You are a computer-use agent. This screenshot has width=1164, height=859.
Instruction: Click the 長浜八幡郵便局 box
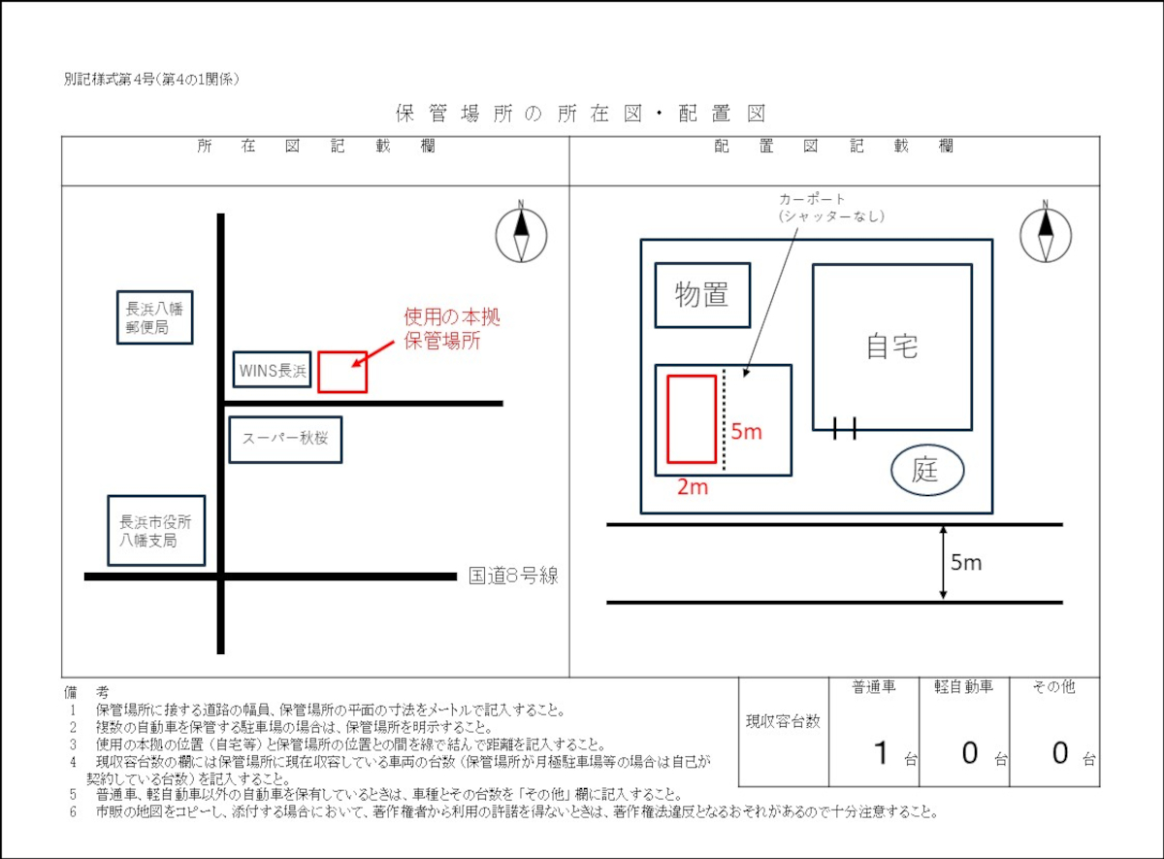154,317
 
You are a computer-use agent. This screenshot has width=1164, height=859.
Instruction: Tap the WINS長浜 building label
273,371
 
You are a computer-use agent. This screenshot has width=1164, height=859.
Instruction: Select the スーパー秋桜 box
285,439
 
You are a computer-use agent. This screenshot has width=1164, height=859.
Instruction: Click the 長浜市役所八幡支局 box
156,530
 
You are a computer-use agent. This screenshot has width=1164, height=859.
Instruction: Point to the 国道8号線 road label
513,576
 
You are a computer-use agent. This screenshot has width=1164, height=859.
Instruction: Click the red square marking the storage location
342,372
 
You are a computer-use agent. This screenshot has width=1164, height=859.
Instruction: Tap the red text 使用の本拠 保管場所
452,329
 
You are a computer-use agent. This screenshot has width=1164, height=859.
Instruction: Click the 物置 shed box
702,295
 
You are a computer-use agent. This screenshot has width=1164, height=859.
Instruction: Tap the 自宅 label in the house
891,347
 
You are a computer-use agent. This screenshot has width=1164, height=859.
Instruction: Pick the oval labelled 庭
927,472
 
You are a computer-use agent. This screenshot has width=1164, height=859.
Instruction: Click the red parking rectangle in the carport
692,418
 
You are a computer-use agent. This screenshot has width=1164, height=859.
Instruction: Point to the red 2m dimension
693,487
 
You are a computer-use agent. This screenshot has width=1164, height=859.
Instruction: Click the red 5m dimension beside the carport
747,432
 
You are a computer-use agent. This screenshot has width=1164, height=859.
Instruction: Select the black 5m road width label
966,563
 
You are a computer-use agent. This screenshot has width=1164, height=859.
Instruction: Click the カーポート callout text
831,208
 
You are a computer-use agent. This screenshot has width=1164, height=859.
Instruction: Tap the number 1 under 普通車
881,752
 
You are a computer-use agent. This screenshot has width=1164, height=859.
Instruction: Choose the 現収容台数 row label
783,721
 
